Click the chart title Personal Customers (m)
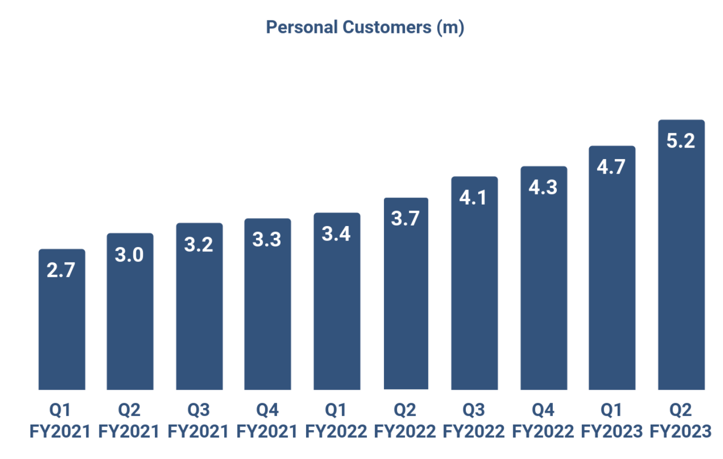[x=365, y=27]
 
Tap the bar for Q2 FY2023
[x=681, y=269]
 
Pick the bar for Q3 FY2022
[x=474, y=294]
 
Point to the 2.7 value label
[x=61, y=270]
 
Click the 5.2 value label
[x=681, y=141]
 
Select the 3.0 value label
[x=129, y=254]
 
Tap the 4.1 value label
[x=473, y=198]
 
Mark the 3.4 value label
[x=336, y=233]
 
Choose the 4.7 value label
[x=611, y=167]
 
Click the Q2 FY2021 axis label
[x=129, y=420]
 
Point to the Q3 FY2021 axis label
[x=198, y=420]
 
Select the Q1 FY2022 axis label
[x=336, y=420]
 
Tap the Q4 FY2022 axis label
[x=543, y=420]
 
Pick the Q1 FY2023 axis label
[x=612, y=420]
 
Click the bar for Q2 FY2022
[x=406, y=304]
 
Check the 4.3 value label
[x=543, y=187]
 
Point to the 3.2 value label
[x=199, y=244]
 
